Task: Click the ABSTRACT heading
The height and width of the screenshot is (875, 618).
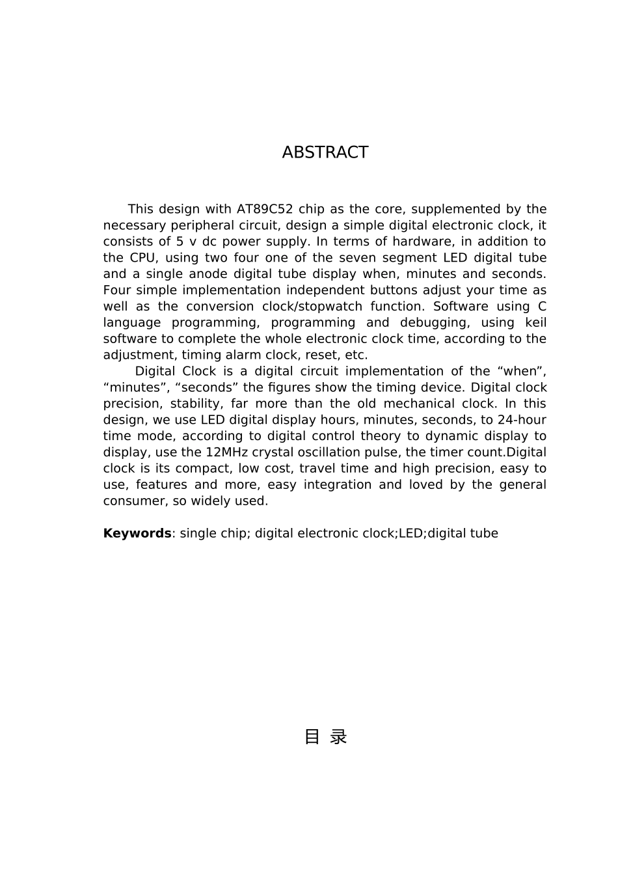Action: click(325, 152)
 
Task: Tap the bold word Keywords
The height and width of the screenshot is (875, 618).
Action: click(137, 533)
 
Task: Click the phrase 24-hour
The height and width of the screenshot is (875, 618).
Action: click(522, 420)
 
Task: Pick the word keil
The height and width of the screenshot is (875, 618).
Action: click(535, 323)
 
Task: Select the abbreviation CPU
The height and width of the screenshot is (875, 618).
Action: click(142, 258)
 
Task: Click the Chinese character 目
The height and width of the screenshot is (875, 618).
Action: click(312, 737)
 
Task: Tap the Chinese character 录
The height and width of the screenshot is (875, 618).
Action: click(338, 737)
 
